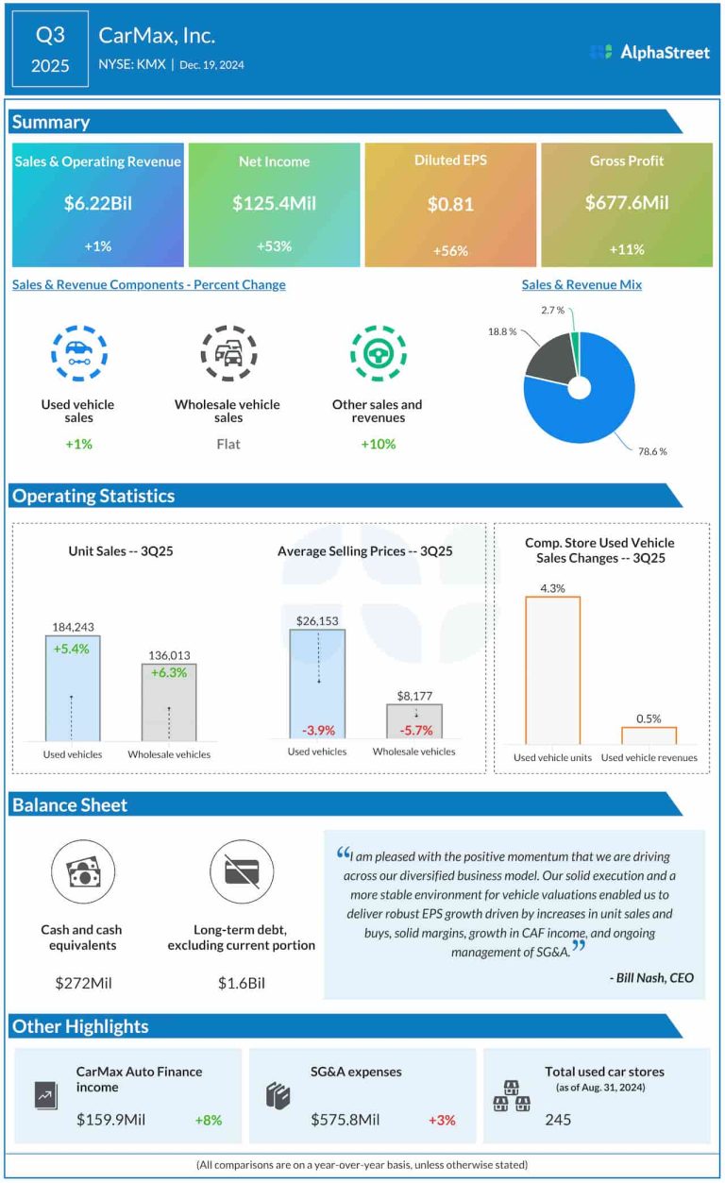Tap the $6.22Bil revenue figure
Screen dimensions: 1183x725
(x=97, y=203)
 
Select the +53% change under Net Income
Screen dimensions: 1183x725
(x=274, y=246)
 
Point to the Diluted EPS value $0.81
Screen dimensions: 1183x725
(x=450, y=203)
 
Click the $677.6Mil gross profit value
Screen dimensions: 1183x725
(x=627, y=203)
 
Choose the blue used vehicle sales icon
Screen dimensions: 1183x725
(x=78, y=354)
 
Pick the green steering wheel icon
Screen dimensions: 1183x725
(x=378, y=354)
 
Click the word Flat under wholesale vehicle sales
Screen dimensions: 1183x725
(x=228, y=444)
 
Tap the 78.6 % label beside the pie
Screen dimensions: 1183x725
(x=651, y=451)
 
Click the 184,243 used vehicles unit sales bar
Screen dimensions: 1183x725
(x=73, y=689)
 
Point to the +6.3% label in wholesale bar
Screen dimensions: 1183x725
(x=169, y=673)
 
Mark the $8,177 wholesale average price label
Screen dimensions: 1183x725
(x=413, y=696)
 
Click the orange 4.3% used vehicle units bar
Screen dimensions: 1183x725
(x=552, y=670)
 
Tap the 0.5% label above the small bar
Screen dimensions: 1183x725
(x=649, y=718)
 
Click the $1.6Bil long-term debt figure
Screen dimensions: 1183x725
(x=242, y=983)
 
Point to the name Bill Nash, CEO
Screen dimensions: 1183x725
(x=651, y=977)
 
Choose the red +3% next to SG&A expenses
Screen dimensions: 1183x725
(x=442, y=1120)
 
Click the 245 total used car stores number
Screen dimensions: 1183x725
(x=558, y=1120)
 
